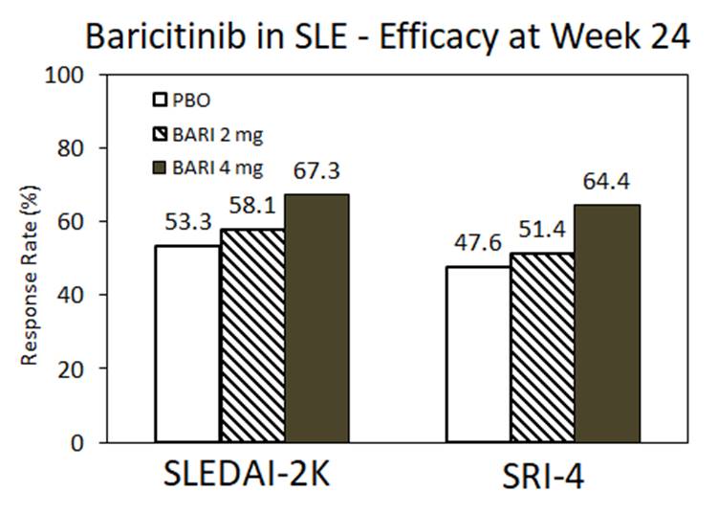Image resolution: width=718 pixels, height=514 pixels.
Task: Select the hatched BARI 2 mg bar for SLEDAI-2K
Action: (x=252, y=335)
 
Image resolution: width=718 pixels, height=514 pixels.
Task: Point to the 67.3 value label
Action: (x=316, y=173)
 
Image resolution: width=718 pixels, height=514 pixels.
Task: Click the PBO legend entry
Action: (x=185, y=99)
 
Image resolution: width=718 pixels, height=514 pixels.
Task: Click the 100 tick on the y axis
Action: (x=63, y=75)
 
